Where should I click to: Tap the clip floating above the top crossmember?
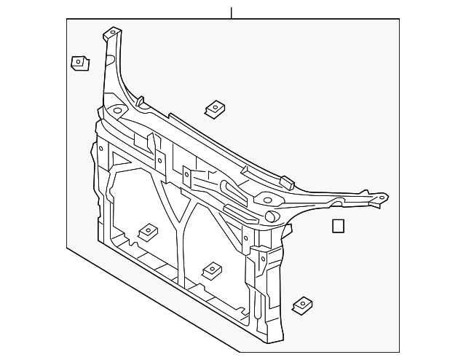(x=214, y=109)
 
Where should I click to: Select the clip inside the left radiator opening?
(x=149, y=231)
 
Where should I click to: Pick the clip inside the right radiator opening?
(x=213, y=270)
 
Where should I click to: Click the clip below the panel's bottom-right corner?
(x=301, y=306)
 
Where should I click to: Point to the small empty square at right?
(x=338, y=226)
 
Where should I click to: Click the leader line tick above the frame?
(x=231, y=12)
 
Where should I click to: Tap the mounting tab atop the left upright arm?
(x=111, y=34)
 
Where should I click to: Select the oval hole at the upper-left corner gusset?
(x=116, y=111)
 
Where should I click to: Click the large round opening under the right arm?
(x=271, y=216)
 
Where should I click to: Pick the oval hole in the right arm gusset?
(x=267, y=199)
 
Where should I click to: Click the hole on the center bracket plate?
(x=186, y=176)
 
